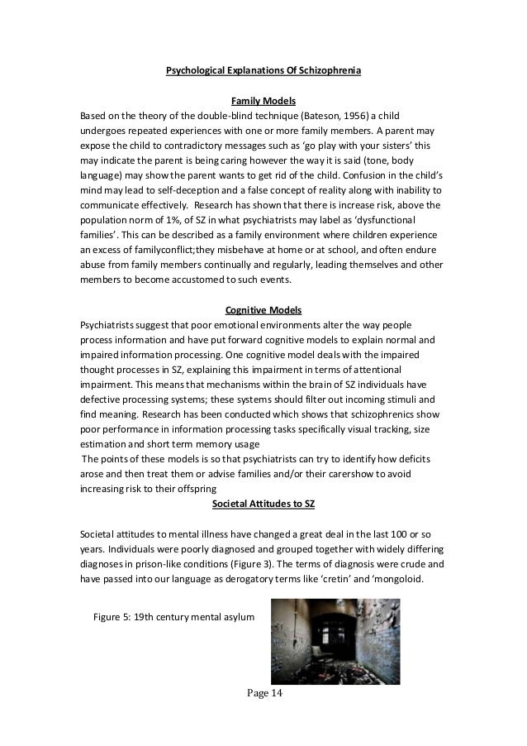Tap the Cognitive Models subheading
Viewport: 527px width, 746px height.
point(263,310)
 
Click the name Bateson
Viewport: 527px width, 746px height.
point(290,116)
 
